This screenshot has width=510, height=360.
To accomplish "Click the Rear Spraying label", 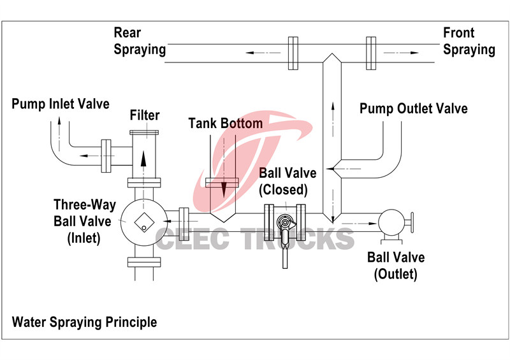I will [x=140, y=41].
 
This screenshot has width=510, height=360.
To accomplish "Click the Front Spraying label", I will [x=469, y=41].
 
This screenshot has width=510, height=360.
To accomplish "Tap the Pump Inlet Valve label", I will [x=61, y=103].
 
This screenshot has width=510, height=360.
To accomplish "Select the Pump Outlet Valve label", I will [x=413, y=108].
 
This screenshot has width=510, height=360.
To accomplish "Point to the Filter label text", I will [x=145, y=115].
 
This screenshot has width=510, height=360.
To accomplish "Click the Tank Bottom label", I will [x=226, y=123].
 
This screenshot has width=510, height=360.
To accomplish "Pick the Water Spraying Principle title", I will [x=84, y=322].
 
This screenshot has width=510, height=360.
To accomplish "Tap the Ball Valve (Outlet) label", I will [x=396, y=266].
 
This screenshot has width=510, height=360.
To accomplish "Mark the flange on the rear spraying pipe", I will [x=293, y=53].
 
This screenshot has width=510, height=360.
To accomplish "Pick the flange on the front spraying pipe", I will [x=371, y=53].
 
